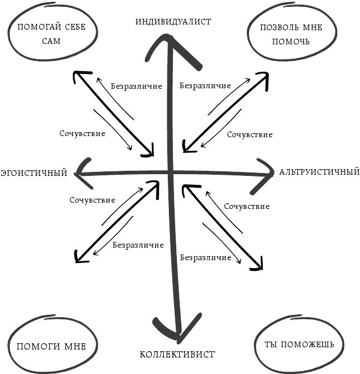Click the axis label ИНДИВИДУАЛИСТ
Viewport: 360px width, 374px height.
coord(173,22)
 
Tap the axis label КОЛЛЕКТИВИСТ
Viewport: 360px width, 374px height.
coord(177,355)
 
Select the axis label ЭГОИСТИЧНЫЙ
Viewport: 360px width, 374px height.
coord(34,172)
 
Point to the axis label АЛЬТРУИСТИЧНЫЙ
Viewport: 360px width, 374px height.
coord(319,171)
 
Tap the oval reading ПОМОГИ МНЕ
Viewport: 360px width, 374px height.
coord(51,346)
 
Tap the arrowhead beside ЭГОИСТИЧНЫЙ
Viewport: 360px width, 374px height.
coord(81,172)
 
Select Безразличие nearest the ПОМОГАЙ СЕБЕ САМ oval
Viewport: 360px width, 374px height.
coord(136,86)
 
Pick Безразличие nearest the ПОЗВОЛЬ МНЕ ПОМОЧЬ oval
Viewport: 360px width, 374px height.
coord(205,86)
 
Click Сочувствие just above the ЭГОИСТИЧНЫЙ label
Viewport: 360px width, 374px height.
coord(82,133)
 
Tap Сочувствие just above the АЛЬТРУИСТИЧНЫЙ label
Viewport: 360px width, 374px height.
coord(250,135)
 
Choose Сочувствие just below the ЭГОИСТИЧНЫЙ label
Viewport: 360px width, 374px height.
coord(93,200)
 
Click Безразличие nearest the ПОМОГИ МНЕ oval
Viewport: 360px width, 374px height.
coord(138,245)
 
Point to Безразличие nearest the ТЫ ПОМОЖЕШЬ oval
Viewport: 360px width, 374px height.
coord(206,257)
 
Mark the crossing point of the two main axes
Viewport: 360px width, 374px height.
coord(170,172)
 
